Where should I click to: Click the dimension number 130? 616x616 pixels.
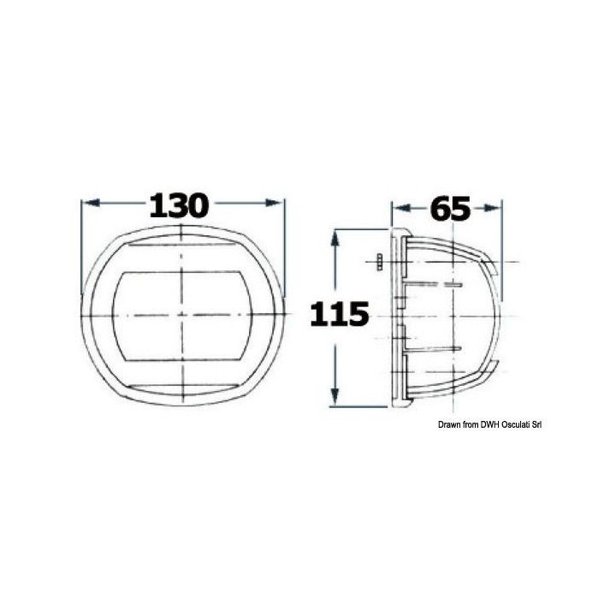tap(178, 205)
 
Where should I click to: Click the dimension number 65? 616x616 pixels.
tap(450, 208)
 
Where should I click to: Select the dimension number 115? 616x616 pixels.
tap(340, 314)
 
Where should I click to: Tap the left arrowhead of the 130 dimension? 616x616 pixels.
tap(92, 203)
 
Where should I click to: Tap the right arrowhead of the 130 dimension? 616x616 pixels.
tap(274, 203)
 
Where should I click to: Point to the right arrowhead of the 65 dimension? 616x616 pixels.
tap(492, 208)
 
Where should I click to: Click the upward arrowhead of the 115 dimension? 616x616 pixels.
tap(335, 238)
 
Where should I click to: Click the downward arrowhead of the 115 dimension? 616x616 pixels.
tap(335, 396)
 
